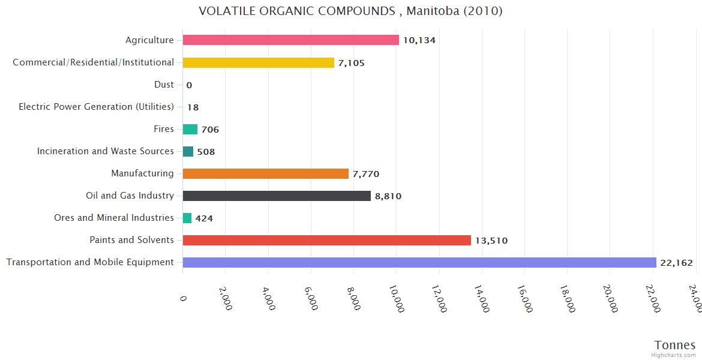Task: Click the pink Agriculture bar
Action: (290, 40)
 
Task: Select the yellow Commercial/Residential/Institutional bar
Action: (258, 62)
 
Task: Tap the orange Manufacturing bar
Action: (265, 173)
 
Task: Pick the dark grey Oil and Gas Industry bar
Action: (277, 196)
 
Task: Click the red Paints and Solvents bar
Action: (326, 240)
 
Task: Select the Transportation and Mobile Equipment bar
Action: (419, 262)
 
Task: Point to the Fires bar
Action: (190, 129)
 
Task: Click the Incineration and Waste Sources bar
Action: (188, 151)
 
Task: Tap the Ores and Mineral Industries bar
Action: (187, 218)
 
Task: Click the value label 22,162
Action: (676, 263)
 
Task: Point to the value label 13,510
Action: (491, 241)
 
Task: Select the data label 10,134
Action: (419, 40)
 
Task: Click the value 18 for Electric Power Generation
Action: (193, 107)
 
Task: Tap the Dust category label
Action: (164, 85)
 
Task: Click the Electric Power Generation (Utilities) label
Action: (96, 107)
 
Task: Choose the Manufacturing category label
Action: (142, 173)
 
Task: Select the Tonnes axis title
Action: (674, 345)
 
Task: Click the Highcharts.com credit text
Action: (674, 355)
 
